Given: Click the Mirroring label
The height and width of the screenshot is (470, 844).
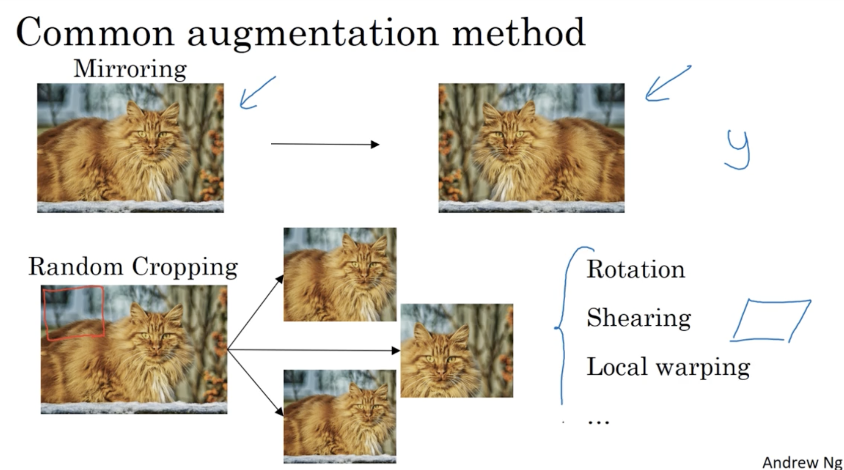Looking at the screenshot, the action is [x=130, y=69].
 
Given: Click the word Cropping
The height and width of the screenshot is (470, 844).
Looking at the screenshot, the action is [x=185, y=267].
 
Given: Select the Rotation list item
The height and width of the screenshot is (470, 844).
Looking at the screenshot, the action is [x=636, y=269].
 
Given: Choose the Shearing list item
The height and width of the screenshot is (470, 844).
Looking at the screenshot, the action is [x=639, y=318].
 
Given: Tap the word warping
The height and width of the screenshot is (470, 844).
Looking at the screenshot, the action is [x=703, y=368].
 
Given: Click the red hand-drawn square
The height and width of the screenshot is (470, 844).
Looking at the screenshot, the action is [x=74, y=313].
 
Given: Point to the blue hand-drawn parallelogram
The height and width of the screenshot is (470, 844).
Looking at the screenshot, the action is [x=771, y=321].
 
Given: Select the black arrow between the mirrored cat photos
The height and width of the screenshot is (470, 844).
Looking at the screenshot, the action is [x=325, y=144].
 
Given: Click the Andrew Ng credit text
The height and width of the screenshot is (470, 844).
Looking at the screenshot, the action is [x=802, y=462].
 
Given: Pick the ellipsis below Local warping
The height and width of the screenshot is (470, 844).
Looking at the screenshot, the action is [x=598, y=422].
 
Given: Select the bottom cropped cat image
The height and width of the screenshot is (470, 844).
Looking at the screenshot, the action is [x=340, y=416].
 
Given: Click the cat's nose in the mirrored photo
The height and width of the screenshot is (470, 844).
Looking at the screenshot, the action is [x=509, y=147].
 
